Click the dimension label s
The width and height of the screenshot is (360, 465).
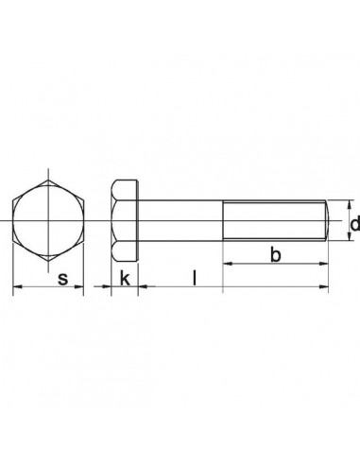pyautogui.click(x=62, y=278)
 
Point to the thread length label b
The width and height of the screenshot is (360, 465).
pyautogui.click(x=274, y=255)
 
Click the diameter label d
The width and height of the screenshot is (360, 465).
pyautogui.click(x=354, y=224)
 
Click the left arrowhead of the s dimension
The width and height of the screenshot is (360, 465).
pyautogui.click(x=15, y=286)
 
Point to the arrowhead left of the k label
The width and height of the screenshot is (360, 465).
pyautogui.click(x=107, y=286)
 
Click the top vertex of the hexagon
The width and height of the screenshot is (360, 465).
pyautogui.click(x=47, y=176)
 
